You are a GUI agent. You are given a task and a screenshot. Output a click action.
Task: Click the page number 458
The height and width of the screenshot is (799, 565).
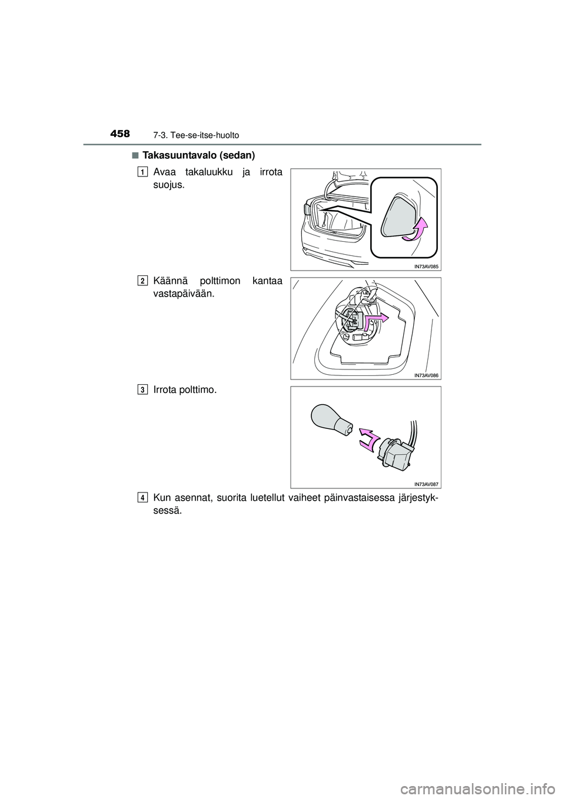click(x=119, y=134)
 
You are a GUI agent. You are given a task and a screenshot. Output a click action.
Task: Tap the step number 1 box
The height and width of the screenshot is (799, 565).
click(x=144, y=172)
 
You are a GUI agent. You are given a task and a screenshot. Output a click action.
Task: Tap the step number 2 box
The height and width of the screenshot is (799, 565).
click(x=144, y=281)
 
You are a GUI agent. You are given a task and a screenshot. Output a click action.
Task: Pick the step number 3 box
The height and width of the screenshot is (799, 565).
click(x=144, y=389)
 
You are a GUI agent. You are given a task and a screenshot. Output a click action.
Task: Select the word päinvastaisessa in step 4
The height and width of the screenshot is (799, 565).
click(x=334, y=499)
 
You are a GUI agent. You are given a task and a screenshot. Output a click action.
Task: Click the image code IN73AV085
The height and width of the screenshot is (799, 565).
click(x=426, y=266)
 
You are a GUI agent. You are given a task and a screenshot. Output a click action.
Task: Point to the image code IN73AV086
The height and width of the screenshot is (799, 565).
click(x=426, y=375)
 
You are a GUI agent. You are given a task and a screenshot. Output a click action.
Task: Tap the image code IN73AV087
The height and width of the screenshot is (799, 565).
click(x=426, y=484)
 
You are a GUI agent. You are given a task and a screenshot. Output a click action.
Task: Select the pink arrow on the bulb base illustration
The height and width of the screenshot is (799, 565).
click(x=375, y=320)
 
